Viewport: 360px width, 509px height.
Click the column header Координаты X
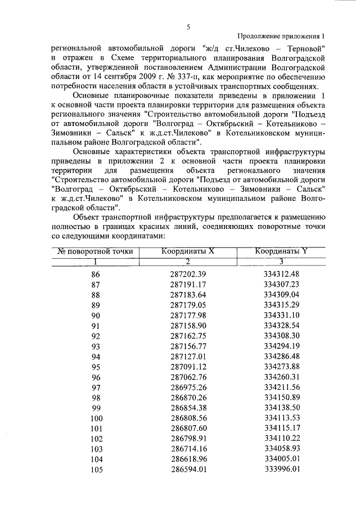point(188,251)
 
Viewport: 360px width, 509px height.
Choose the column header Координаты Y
point(281,251)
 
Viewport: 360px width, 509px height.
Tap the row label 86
point(96,274)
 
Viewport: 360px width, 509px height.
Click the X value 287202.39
point(188,274)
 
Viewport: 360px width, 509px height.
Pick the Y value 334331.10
point(281,315)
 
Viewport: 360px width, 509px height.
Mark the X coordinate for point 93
point(188,346)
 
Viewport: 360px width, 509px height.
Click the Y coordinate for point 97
point(281,387)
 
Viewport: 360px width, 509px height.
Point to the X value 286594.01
point(188,469)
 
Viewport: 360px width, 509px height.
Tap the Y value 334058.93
point(281,449)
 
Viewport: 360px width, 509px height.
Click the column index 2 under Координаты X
point(188,260)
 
